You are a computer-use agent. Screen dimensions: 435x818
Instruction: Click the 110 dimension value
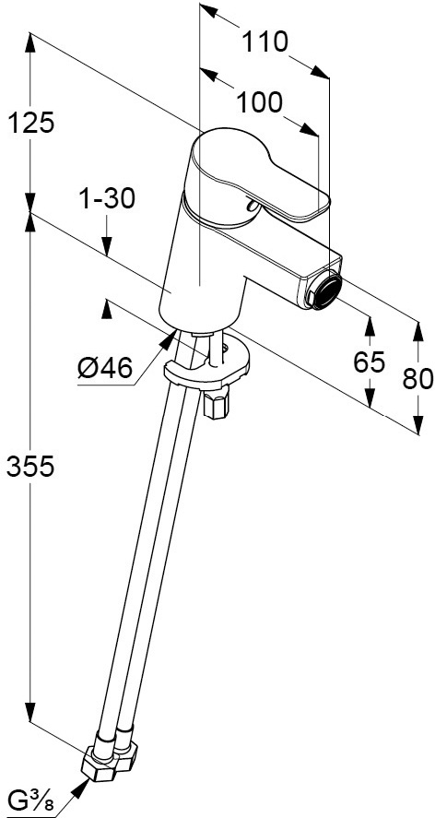[x=265, y=42]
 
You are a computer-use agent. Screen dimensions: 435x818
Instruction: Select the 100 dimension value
[x=260, y=102]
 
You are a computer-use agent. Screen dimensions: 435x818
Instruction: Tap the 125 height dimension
[x=30, y=124]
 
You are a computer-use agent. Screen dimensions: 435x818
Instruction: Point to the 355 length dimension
[x=30, y=466]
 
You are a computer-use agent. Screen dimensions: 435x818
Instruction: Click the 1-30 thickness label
[x=106, y=199]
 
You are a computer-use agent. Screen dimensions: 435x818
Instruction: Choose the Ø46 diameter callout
[x=104, y=370]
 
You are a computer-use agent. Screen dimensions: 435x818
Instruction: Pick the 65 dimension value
[x=369, y=362]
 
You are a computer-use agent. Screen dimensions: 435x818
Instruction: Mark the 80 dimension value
[x=417, y=379]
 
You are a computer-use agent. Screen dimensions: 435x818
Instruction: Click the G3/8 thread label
[x=31, y=803]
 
